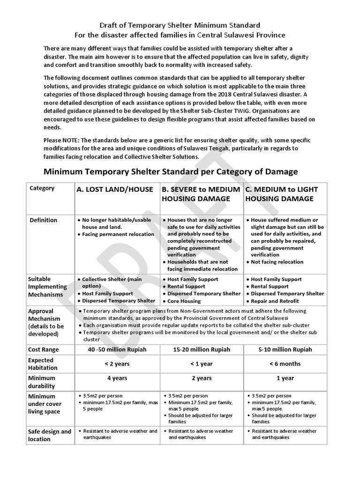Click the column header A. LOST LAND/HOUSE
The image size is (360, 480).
click(x=115, y=189)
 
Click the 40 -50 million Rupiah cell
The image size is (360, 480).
click(x=117, y=350)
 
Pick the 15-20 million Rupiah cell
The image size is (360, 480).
click(x=202, y=350)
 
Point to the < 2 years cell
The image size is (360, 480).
click(x=117, y=364)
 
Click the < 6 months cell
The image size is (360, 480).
click(x=285, y=364)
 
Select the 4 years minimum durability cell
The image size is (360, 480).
click(x=117, y=378)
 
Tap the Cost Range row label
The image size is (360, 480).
click(x=45, y=350)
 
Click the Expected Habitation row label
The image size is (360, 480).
click(x=43, y=364)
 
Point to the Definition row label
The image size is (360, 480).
click(x=44, y=220)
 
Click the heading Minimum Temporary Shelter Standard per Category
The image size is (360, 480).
click(x=171, y=172)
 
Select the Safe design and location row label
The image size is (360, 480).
click(x=50, y=435)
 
